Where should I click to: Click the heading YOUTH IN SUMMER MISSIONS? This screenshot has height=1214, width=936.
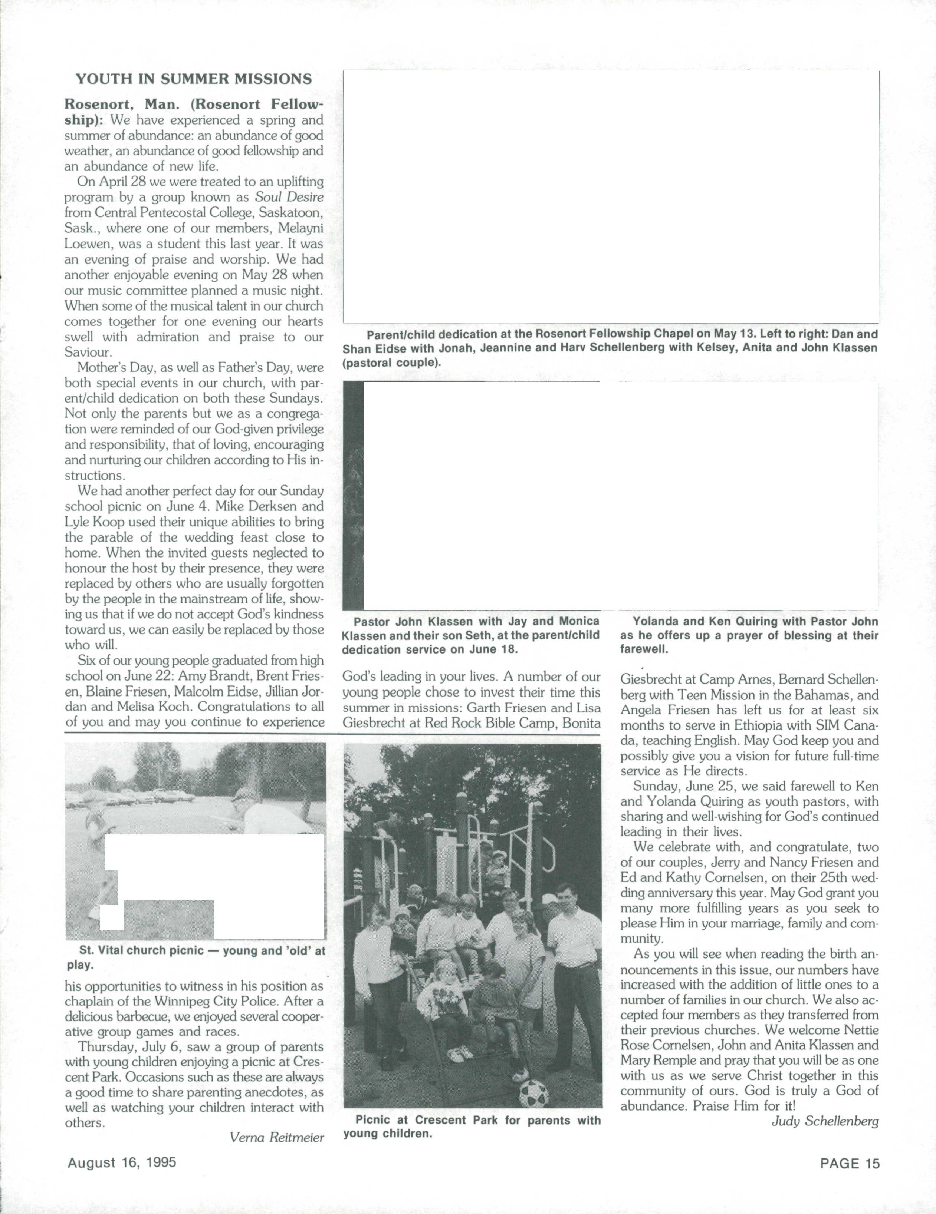tap(194, 79)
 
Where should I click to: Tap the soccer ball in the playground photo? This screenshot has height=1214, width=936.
tap(533, 1093)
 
